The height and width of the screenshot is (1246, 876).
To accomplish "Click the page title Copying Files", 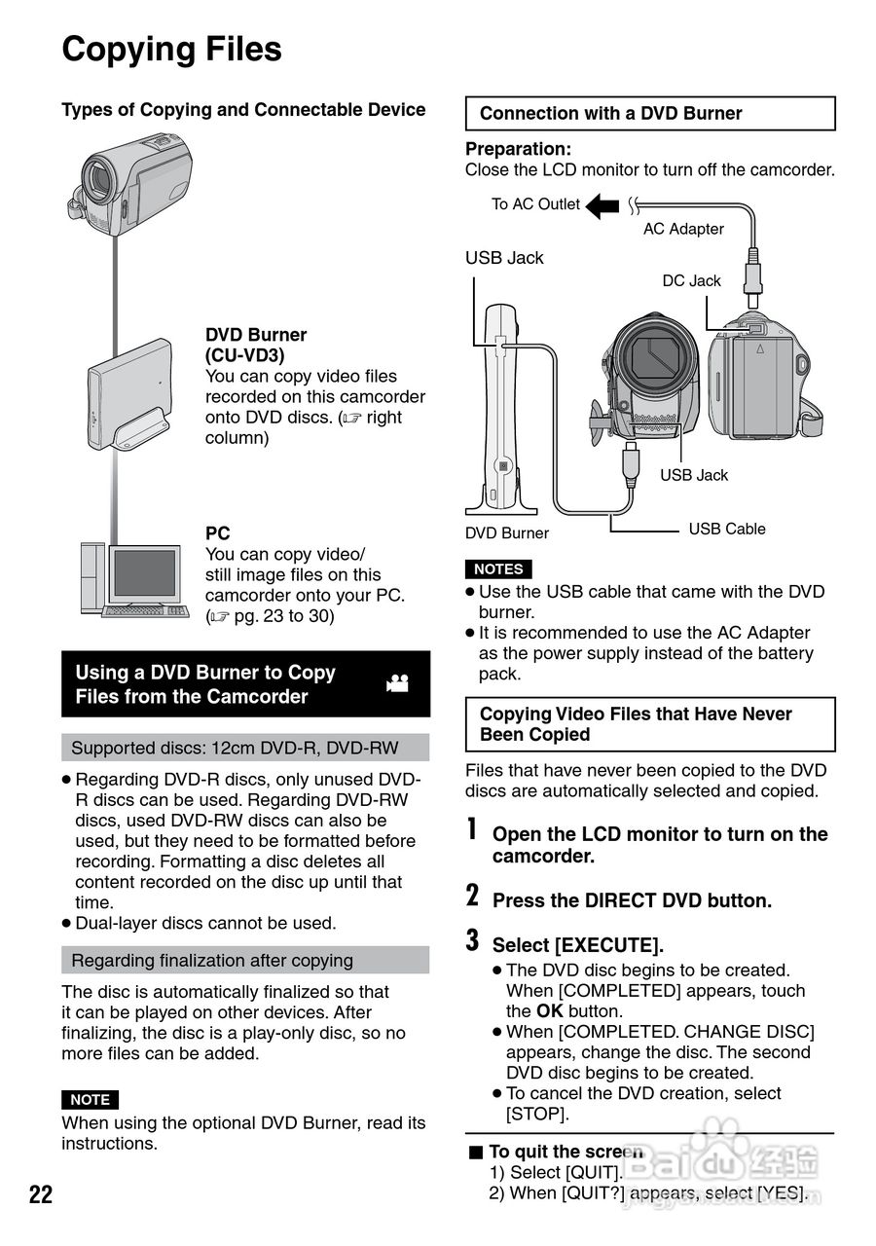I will (171, 49).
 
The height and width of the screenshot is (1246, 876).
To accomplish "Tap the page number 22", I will (41, 1194).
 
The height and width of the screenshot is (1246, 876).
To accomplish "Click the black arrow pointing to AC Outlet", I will (602, 205).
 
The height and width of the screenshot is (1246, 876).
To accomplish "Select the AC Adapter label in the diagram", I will (683, 229).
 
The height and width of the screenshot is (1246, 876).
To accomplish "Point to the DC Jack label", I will (691, 280).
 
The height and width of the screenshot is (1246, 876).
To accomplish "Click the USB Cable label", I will (726, 529).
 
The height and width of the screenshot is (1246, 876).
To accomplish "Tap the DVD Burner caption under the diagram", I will (506, 533).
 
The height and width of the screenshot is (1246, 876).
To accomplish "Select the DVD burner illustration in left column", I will (129, 394).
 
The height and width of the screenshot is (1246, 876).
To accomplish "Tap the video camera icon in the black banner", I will (397, 683).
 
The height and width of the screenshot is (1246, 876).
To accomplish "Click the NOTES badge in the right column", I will (498, 569).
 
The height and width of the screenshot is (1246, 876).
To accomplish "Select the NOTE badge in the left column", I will (90, 1099).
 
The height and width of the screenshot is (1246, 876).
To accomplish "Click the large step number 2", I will (472, 896).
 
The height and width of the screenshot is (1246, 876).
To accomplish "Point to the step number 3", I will (472, 940).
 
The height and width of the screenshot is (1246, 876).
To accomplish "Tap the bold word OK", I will (550, 1011).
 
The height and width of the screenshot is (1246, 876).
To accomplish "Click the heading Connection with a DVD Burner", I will (610, 114).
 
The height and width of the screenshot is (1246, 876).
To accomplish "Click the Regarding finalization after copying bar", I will (245, 960).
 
